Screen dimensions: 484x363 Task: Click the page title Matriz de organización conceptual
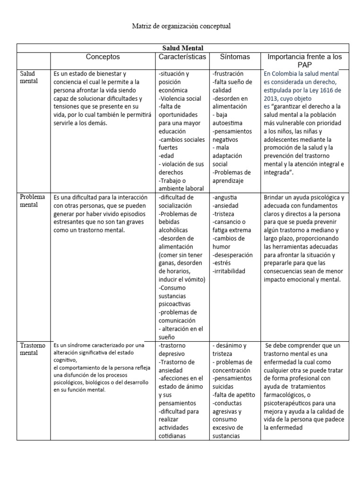[181, 26]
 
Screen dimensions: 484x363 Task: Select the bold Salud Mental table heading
[182, 48]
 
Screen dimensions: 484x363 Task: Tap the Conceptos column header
[103, 57]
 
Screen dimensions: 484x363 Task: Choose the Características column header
[182, 57]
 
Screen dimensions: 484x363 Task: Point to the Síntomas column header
[235, 57]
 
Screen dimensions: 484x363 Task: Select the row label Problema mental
[33, 201]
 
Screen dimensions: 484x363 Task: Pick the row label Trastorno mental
[33, 349]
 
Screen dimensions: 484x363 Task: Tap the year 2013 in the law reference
[273, 99]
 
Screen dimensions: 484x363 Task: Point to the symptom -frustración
[228, 74]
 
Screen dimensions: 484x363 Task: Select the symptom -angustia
[225, 197]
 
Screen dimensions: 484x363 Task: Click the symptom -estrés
[222, 263]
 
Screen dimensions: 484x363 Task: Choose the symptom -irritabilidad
[229, 271]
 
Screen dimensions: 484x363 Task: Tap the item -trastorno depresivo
[173, 349]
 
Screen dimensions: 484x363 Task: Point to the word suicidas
[225, 387]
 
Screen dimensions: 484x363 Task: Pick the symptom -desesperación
[233, 255]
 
